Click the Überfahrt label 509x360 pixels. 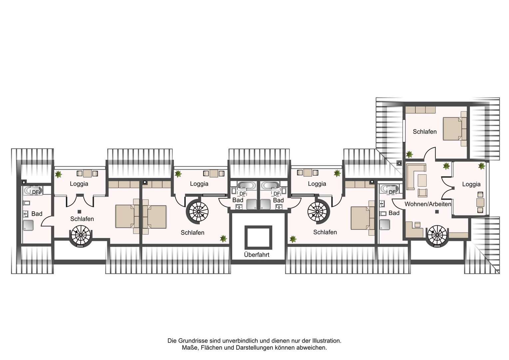click(256, 255)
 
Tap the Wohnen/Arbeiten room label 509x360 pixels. click(428, 204)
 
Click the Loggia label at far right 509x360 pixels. click(471, 184)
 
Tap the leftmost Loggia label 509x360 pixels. click(79, 184)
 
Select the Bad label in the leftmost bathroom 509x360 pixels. click(37, 214)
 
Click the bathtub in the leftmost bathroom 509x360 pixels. click(33, 191)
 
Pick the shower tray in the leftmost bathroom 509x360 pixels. click(28, 225)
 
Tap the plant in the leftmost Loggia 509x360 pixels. click(58, 174)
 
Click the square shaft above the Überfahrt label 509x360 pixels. click(258, 237)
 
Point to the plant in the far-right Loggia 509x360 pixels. click(481, 166)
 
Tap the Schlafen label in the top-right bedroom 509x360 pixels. click(425, 131)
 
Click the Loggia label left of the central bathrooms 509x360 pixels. click(199, 184)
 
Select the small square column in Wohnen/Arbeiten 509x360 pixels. click(437, 212)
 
